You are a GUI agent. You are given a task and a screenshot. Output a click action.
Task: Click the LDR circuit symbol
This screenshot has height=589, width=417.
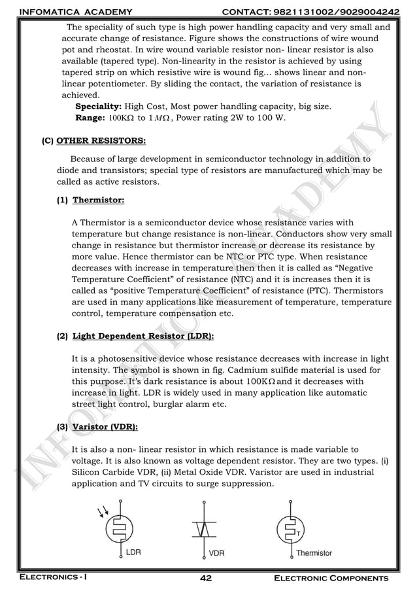(121, 529)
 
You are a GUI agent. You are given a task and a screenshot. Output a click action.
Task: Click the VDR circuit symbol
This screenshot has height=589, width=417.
(205, 529)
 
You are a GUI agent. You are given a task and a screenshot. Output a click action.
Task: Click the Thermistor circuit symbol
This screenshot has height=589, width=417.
(290, 529)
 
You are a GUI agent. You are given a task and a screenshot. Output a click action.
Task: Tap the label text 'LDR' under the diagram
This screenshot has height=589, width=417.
(133, 552)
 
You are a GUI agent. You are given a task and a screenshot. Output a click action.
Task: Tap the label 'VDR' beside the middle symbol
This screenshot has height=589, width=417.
(216, 553)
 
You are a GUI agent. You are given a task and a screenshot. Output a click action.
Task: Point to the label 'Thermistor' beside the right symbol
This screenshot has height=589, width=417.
(314, 553)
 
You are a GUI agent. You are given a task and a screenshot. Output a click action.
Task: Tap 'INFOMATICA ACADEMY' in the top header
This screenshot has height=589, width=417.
(76, 12)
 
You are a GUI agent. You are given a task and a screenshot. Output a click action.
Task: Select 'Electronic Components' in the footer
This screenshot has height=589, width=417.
(330, 579)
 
